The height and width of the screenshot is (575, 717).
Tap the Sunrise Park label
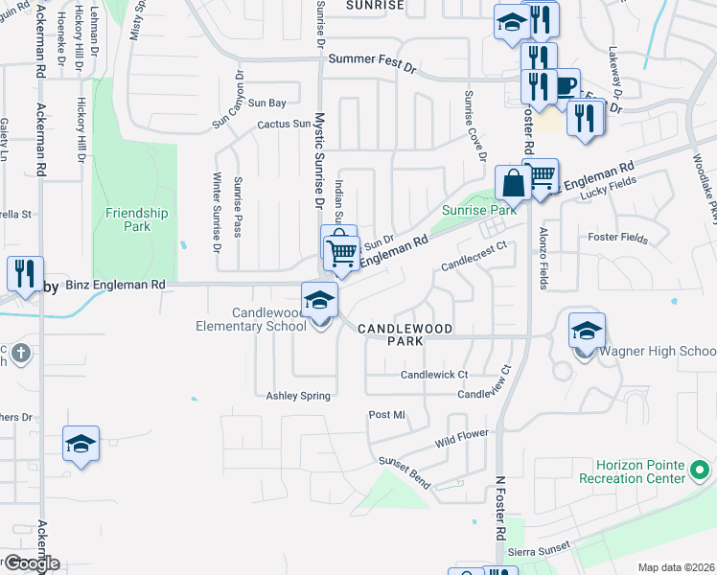[x=478, y=209]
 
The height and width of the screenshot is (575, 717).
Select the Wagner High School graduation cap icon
[x=587, y=332]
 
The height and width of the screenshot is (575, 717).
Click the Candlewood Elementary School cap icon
[x=319, y=301]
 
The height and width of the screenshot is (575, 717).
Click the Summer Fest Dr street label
[x=372, y=58]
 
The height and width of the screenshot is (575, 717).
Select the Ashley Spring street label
[x=298, y=395]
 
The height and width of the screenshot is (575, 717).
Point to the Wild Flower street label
[x=462, y=438]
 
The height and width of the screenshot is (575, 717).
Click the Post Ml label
[x=387, y=415]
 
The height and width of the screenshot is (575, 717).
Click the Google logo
[x=31, y=563]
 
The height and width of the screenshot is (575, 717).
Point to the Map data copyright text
[x=676, y=567]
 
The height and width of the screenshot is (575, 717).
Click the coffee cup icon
[x=564, y=84]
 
